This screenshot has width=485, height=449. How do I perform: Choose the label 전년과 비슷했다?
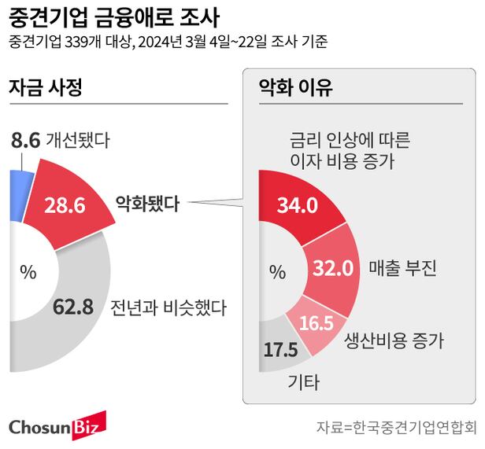tap(168, 307)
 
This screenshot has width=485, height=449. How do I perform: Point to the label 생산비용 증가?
tap(394, 340)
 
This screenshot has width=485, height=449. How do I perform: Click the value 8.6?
tap(26, 142)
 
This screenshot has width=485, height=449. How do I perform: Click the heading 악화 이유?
tap(296, 87)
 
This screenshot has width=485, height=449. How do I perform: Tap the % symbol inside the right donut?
tap(277, 272)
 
